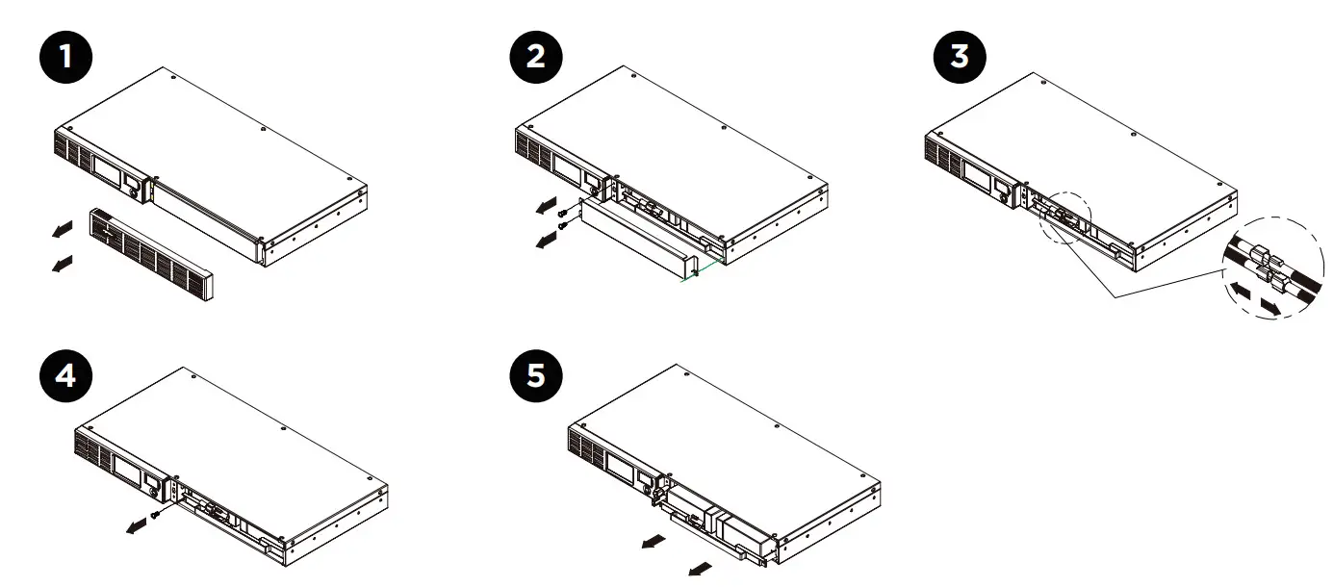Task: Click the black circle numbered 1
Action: pyautogui.click(x=65, y=57)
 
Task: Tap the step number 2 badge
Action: pyautogui.click(x=535, y=57)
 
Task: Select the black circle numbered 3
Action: pyautogui.click(x=960, y=57)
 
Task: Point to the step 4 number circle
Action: pyautogui.click(x=65, y=375)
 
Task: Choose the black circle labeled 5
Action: pyautogui.click(x=535, y=375)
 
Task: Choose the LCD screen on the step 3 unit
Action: pyautogui.click(x=978, y=173)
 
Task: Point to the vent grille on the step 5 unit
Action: pyautogui.click(x=586, y=448)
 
